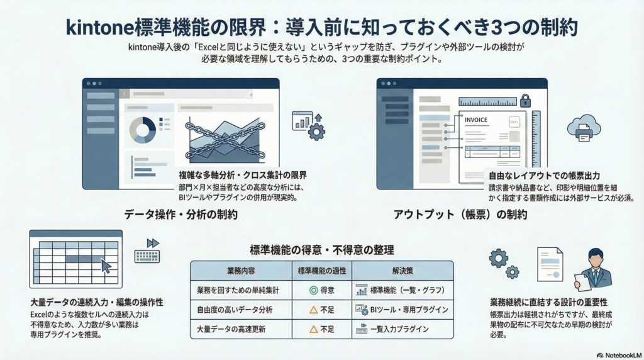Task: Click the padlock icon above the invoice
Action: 525,100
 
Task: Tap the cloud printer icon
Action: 584,128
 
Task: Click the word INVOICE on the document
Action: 476,120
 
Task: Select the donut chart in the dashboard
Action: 143,130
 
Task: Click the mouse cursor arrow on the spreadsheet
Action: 106,266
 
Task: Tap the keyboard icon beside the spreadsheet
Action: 147,256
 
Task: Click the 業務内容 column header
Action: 241,271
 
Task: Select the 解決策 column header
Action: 402,271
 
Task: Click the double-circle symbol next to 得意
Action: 313,291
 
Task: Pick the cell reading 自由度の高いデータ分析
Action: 235,310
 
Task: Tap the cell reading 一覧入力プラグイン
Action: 399,329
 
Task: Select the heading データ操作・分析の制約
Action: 180,215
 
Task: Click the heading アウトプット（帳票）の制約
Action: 460,215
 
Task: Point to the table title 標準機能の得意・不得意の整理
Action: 322,250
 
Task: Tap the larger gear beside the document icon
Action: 498,259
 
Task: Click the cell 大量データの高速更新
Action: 231,329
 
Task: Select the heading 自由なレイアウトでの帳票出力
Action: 544,176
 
